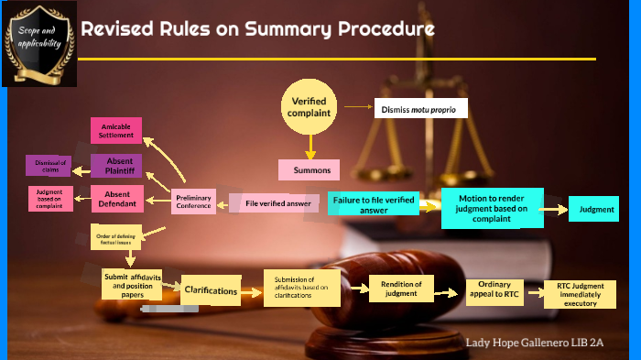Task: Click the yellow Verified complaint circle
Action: (x=310, y=107)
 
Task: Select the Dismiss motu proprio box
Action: (x=419, y=109)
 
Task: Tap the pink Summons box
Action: (x=310, y=170)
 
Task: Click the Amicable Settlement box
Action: (x=117, y=131)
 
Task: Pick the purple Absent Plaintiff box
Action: (x=118, y=166)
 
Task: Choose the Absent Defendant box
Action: (x=117, y=198)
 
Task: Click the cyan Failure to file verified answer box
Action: (x=374, y=203)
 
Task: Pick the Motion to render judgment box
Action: (x=493, y=208)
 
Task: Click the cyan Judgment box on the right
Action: (x=593, y=210)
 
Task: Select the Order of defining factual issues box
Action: (x=116, y=237)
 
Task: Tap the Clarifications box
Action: (x=211, y=291)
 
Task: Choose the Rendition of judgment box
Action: (x=399, y=289)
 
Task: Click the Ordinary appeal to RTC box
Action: (x=493, y=290)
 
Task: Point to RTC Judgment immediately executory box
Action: (x=581, y=293)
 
